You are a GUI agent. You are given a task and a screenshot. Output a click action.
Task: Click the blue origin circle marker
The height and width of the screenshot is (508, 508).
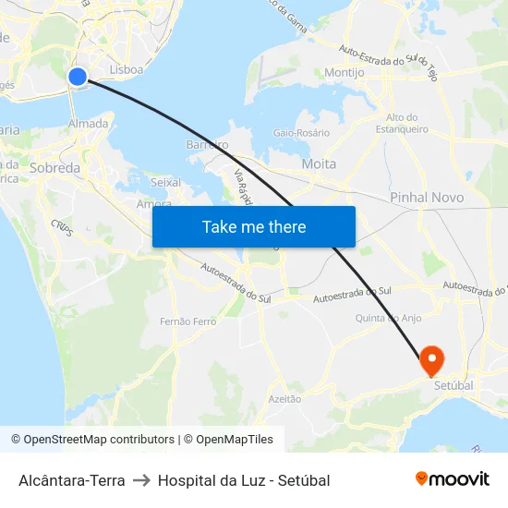(78, 77)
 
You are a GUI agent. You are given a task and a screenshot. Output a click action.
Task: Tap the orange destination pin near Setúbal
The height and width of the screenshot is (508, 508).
(431, 358)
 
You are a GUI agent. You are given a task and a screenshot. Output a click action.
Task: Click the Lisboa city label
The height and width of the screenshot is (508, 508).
(126, 69)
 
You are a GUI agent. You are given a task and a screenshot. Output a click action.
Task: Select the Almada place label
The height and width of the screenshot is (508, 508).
(89, 123)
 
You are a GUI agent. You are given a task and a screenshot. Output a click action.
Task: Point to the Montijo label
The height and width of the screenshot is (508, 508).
(345, 72)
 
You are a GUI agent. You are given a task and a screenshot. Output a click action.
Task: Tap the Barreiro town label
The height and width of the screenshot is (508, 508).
(207, 145)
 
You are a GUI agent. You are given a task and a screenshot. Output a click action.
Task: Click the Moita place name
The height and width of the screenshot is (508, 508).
(319, 163)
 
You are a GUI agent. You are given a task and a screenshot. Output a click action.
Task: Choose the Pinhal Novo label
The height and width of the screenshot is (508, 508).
(427, 198)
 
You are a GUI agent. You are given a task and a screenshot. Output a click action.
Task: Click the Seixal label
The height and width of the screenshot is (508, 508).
(165, 183)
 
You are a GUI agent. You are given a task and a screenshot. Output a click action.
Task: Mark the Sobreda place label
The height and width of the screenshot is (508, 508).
(55, 168)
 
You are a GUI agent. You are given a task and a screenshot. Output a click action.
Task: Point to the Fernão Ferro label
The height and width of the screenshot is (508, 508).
(187, 321)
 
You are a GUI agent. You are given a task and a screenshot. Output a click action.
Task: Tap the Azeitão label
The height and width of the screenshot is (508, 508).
(284, 399)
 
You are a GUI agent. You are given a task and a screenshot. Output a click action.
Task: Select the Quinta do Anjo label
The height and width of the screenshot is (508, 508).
(389, 318)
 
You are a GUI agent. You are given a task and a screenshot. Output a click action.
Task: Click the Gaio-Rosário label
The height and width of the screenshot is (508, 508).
(301, 133)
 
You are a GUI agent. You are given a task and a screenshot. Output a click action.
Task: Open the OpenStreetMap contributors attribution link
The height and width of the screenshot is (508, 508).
(92, 440)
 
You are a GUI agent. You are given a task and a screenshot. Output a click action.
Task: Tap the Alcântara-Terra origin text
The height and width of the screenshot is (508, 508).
(71, 480)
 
